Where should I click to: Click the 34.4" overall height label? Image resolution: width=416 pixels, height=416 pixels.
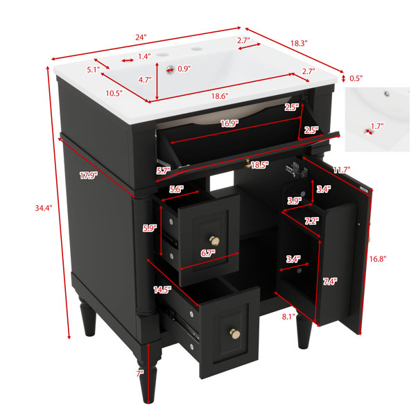pos(44,208)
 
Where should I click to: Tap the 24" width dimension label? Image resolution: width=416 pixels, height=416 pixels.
pos(141,37)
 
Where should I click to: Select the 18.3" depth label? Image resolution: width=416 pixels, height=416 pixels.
pos(299,43)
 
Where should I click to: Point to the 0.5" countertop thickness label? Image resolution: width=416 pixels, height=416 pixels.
pos(356,78)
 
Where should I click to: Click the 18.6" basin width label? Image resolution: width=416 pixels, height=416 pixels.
pos(220,96)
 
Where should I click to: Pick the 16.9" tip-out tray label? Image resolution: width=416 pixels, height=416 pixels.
pos(229,123)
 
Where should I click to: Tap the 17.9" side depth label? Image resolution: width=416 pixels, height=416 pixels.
pos(89,175)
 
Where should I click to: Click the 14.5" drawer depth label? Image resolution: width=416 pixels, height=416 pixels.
pos(162,290)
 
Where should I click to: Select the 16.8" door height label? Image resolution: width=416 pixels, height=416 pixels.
pos(378,259)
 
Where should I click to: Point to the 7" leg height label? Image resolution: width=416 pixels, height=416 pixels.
pos(140,374)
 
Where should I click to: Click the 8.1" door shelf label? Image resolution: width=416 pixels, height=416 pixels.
pos(288,317)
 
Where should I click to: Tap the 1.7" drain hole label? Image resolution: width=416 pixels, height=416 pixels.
pos(377,126)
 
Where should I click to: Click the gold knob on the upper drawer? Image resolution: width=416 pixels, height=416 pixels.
pos(214,241)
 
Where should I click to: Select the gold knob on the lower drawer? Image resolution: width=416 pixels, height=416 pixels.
pos(235,334)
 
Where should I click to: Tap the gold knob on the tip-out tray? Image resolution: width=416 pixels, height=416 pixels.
pos(248,164)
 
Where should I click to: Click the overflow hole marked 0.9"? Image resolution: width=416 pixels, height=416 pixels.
pos(170,69)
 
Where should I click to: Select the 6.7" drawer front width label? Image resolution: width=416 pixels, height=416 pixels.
pos(208,253)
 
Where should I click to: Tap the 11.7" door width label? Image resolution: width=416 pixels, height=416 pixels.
pos(342,170)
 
